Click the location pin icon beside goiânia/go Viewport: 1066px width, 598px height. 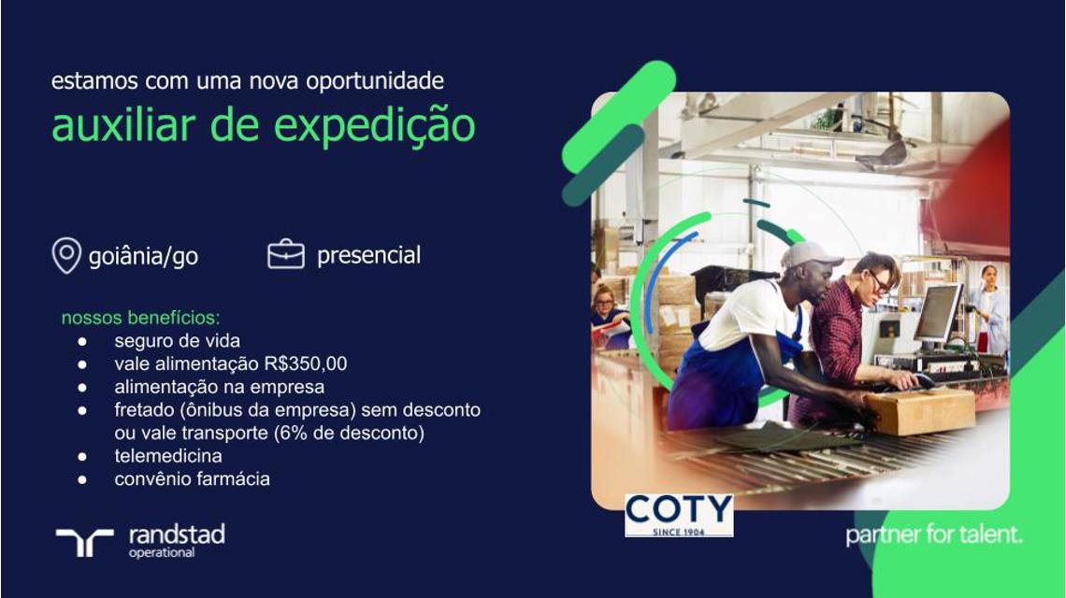(66, 255)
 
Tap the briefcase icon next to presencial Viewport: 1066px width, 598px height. (286, 255)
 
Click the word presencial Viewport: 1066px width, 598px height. (368, 255)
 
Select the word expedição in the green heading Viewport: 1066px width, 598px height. (375, 126)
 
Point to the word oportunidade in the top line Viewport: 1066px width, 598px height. (375, 81)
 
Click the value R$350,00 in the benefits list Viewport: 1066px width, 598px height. (305, 363)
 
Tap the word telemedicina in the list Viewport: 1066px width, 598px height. (168, 455)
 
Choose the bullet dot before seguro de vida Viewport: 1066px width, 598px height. (82, 341)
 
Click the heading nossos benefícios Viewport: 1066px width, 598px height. (140, 318)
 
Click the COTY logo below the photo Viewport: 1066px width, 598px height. (679, 515)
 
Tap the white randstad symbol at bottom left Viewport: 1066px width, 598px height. (84, 542)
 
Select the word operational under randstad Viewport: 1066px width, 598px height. (162, 553)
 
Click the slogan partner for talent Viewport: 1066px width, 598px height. (934, 534)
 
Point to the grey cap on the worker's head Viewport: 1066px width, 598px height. (811, 255)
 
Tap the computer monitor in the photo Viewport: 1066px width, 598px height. (938, 314)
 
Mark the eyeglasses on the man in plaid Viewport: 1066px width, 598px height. (880, 283)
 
